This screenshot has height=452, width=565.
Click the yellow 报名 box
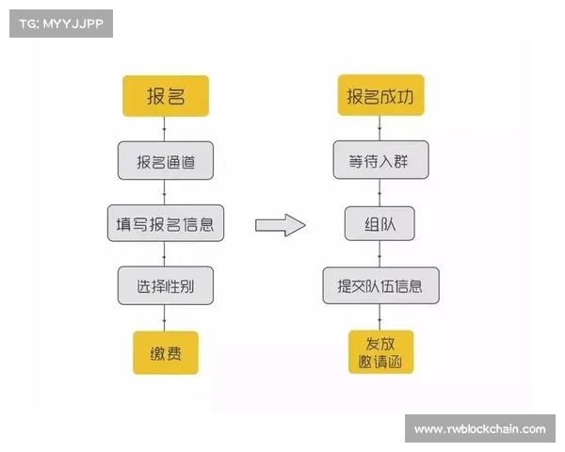[x=166, y=96]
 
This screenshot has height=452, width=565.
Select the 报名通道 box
[x=166, y=160]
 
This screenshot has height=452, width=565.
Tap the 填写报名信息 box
[x=166, y=223]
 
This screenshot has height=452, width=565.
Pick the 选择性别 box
[x=166, y=285]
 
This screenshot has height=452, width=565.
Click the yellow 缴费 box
[x=166, y=352]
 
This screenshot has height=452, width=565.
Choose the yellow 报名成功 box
[x=380, y=95]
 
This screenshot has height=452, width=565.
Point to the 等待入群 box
[x=380, y=160]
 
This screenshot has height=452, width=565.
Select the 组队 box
[x=379, y=223]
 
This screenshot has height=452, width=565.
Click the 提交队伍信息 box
[x=380, y=285]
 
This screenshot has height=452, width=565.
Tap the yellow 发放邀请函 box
[x=380, y=352]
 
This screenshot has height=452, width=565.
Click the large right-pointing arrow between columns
[x=281, y=225]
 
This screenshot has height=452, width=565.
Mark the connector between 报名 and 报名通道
[x=164, y=129]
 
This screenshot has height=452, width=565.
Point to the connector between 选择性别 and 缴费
[x=164, y=318]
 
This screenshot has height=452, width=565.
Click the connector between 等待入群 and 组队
[x=379, y=193]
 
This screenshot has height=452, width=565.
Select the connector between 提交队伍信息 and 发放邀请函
[x=379, y=317]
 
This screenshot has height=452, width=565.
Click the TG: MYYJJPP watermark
[x=61, y=24]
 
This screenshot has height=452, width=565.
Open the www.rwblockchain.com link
[x=480, y=429]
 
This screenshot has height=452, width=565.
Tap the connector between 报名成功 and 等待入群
[x=379, y=128]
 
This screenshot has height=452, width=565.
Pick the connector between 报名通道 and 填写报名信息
[x=164, y=192]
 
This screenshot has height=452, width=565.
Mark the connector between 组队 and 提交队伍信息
[x=379, y=253]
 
